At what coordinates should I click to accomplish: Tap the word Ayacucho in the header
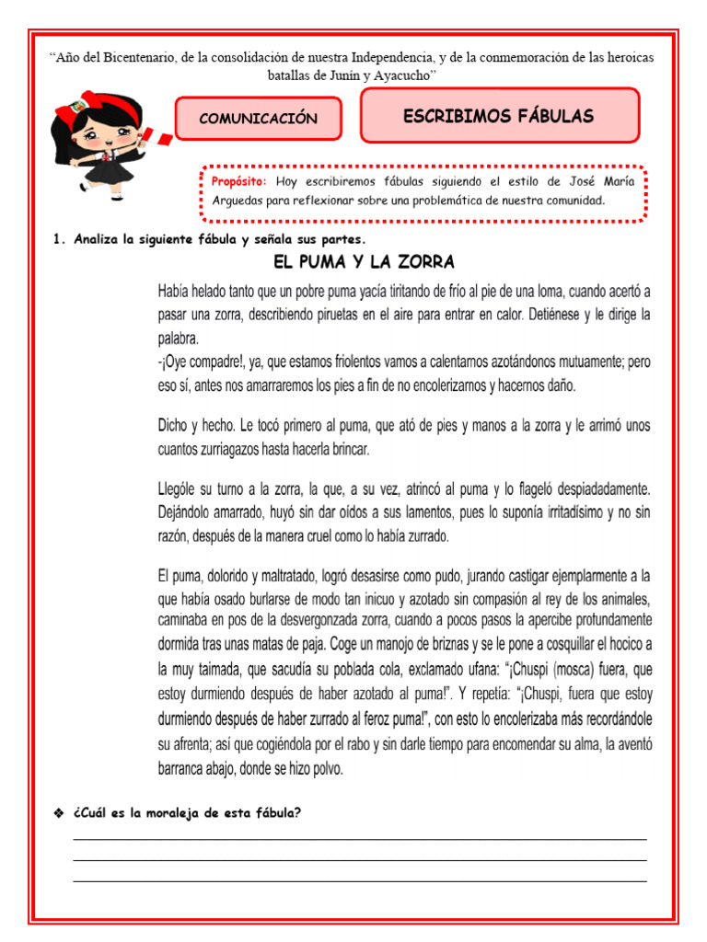(x=400, y=75)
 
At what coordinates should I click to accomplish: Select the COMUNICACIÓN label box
(x=258, y=119)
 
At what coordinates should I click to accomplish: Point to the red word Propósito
(x=238, y=181)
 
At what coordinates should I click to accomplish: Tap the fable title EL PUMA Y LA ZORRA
(x=365, y=262)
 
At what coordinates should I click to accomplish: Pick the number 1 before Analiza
(x=58, y=240)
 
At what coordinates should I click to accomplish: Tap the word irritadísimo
(x=566, y=512)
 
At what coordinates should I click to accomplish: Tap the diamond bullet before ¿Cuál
(x=59, y=811)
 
